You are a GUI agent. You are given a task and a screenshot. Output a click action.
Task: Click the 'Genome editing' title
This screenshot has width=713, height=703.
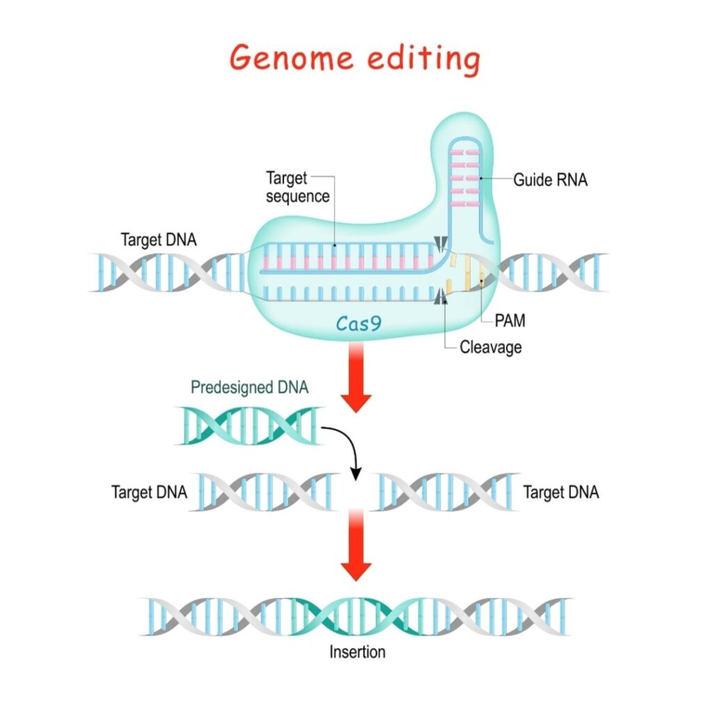pyautogui.click(x=355, y=59)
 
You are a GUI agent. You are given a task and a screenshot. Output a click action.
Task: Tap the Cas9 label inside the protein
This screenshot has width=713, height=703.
pyautogui.click(x=359, y=323)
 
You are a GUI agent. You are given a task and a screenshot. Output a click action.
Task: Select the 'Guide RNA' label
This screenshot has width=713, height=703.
pyautogui.click(x=550, y=180)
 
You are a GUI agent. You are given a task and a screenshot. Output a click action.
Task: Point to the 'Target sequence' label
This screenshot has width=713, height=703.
pyautogui.click(x=297, y=187)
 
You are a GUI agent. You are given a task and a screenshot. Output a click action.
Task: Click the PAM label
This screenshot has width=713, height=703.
pyautogui.click(x=510, y=320)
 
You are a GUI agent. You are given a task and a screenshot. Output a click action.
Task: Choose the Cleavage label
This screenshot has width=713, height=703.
pyautogui.click(x=491, y=347)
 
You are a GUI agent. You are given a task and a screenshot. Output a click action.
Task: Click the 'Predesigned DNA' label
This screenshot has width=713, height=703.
pyautogui.click(x=249, y=387)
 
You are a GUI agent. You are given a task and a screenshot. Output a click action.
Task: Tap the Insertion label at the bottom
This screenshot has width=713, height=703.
pyautogui.click(x=357, y=651)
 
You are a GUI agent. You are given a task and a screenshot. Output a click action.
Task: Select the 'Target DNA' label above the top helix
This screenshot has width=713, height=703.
pyautogui.click(x=158, y=240)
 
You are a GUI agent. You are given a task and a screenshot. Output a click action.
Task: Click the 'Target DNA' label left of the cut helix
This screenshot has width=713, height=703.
pyautogui.click(x=149, y=492)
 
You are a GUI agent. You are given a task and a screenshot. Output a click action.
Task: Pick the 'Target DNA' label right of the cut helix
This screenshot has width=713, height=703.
pyautogui.click(x=561, y=492)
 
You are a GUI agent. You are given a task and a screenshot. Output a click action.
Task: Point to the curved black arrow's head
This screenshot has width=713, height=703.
pyautogui.click(x=356, y=474)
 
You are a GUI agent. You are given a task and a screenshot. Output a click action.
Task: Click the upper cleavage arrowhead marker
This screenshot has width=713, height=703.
pyautogui.click(x=440, y=244)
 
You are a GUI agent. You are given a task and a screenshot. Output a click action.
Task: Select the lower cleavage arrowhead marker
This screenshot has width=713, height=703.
pyautogui.click(x=441, y=296)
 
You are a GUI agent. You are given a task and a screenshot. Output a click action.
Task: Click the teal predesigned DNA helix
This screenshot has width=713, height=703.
pyautogui.click(x=249, y=426)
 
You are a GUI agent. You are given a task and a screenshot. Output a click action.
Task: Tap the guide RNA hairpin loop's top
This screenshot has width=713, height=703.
pyautogui.click(x=464, y=140)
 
